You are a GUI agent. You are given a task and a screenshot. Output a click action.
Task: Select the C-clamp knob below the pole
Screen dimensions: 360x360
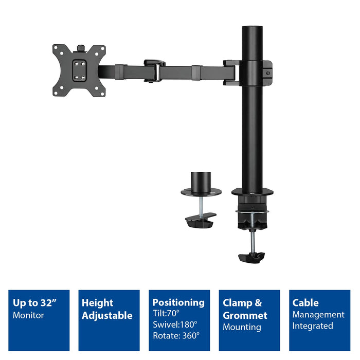pos(251,256)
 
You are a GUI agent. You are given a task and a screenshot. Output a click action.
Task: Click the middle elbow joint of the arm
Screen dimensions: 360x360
pos(154,70)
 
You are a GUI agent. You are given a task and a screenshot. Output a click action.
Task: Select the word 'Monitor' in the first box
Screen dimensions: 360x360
pos(28,315)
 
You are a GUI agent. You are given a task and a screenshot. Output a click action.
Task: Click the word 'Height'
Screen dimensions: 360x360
pos(97,303)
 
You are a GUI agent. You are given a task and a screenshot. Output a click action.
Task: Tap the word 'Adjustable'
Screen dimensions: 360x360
pos(107,315)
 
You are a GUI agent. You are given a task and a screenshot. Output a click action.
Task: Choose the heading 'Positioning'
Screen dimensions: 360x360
pos(178,302)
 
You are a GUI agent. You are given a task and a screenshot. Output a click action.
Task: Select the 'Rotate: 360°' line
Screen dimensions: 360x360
pos(176,335)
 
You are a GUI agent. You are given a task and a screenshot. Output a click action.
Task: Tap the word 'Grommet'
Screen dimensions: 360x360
pos(245,315)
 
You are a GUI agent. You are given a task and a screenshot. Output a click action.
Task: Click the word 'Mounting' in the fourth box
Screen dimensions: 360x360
pos(242,327)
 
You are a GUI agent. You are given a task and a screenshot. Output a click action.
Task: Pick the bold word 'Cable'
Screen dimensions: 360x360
pos(305,303)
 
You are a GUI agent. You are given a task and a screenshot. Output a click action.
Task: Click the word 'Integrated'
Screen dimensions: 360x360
pos(313,326)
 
